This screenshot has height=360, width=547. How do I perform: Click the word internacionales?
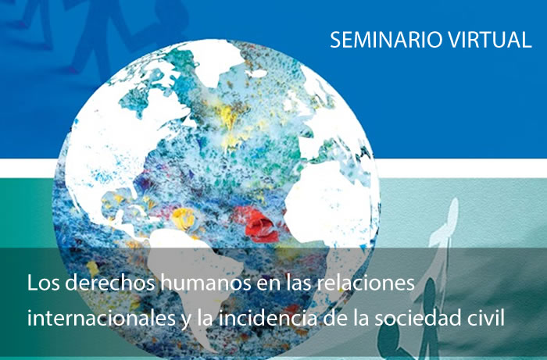(x=101, y=319)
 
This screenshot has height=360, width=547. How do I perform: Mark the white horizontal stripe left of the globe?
(x=27, y=167)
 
